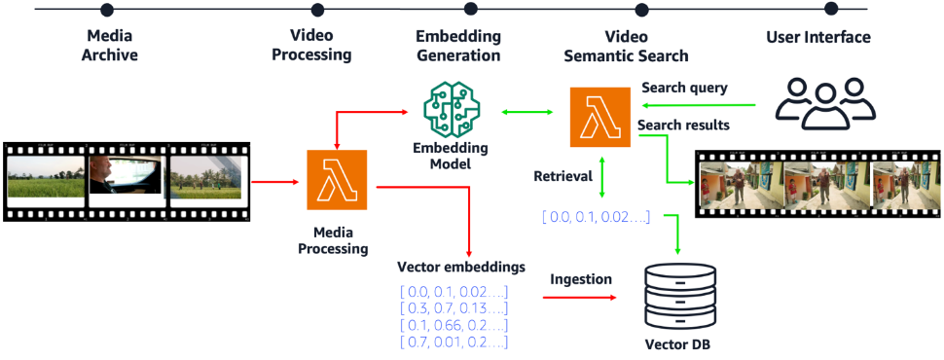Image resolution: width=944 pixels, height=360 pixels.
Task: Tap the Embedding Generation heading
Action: point(457,46)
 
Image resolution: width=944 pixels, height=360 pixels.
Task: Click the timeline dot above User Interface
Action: point(830,10)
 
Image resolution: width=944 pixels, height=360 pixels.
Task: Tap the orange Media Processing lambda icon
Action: point(337,180)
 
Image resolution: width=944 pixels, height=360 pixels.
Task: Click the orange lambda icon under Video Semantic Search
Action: point(599,117)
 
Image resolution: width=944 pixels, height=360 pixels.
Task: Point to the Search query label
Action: point(683,88)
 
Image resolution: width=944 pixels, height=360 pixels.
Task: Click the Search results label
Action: point(685,126)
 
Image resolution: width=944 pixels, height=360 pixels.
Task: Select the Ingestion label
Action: point(581,279)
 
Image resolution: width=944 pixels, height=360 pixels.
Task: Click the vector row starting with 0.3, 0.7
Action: point(454,308)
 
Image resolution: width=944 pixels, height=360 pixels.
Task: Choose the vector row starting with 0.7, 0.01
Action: point(454,342)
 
